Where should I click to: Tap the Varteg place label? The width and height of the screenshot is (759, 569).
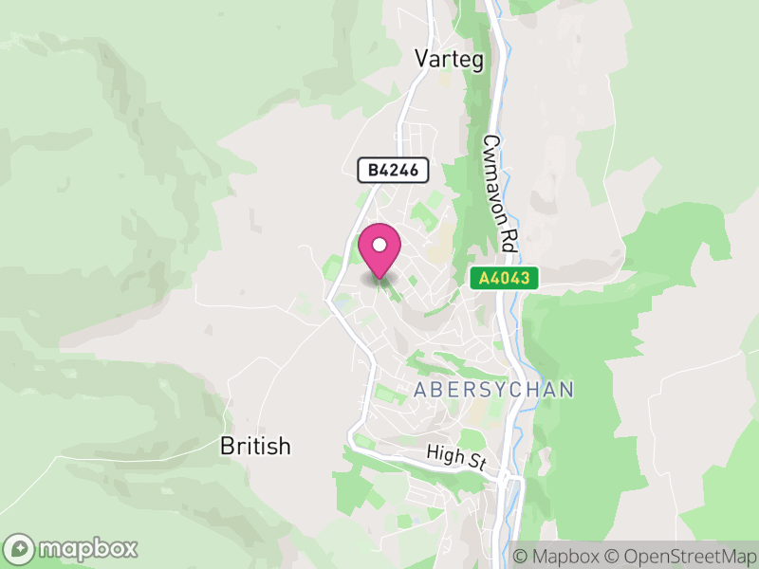pos(449,60)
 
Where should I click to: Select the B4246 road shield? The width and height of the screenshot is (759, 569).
pos(393,171)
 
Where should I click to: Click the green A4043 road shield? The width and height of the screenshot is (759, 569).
pos(505,278)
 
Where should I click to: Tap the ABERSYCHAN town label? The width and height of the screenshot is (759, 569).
pos(493,390)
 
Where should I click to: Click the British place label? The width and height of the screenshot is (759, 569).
pos(254,446)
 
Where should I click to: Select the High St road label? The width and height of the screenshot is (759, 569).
pos(456,458)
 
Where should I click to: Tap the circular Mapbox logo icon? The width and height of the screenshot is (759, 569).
pos(19,548)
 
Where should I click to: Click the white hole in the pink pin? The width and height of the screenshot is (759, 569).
pos(379,246)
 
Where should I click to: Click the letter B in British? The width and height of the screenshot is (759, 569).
pos(226,446)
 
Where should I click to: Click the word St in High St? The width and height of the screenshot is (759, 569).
pos(476,462)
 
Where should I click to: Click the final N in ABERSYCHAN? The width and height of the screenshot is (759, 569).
pos(566,390)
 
